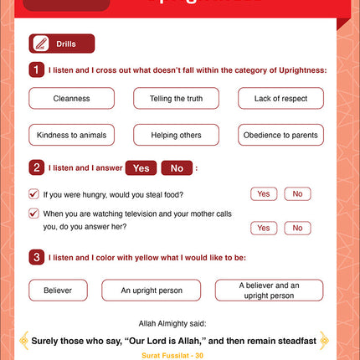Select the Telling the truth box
pos(176,98)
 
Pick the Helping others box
pos(176,135)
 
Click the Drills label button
pos(73,44)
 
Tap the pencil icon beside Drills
pos(39,44)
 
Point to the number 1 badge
pos(36,70)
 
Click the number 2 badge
pos(36,167)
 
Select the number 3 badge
pos(36,256)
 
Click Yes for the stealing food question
pos(263,194)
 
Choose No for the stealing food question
pos(297,194)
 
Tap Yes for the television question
pos(263,228)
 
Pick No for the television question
pos(297,228)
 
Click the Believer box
pos(58,291)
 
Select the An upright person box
pos(151,291)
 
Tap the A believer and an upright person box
pos(269,291)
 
